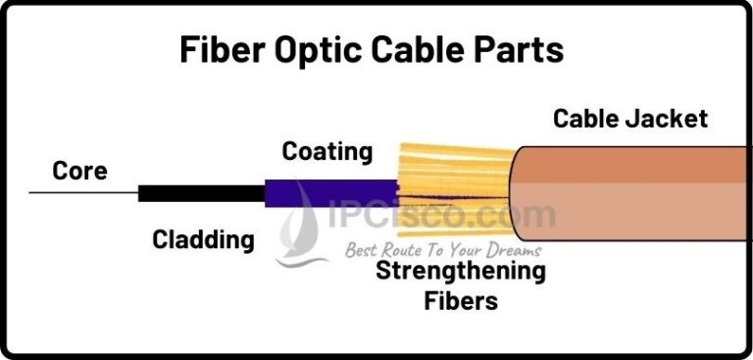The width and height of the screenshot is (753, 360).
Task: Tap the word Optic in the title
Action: [316, 50]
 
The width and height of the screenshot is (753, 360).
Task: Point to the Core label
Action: [79, 172]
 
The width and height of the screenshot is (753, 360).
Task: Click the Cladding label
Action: [203, 238]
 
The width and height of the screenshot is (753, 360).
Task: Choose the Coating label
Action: [327, 152]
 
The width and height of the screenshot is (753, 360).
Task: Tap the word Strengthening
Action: [461, 270]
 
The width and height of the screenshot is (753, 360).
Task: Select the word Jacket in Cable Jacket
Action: [672, 120]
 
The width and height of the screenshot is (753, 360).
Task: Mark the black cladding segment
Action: [201, 193]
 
